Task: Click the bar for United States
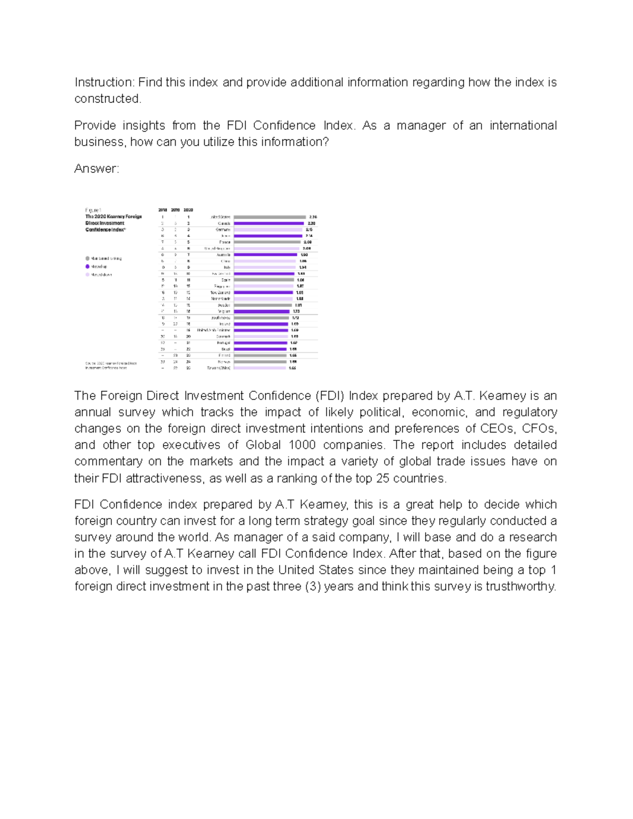pyautogui.click(x=270, y=217)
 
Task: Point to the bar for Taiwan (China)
pyautogui.click(x=260, y=368)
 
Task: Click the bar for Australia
pyautogui.click(x=265, y=255)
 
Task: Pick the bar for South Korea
pyautogui.click(x=261, y=318)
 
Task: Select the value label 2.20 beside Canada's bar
pyautogui.click(x=311, y=223)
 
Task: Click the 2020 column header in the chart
pyautogui.click(x=188, y=210)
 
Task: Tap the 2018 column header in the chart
pyautogui.click(x=162, y=210)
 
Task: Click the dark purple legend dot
pyautogui.click(x=88, y=266)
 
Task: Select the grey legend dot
pyautogui.click(x=88, y=258)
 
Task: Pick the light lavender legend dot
pyautogui.click(x=88, y=274)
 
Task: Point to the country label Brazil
pyautogui.click(x=225, y=349)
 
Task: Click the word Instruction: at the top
pyautogui.click(x=104, y=82)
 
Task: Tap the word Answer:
pyautogui.click(x=97, y=169)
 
